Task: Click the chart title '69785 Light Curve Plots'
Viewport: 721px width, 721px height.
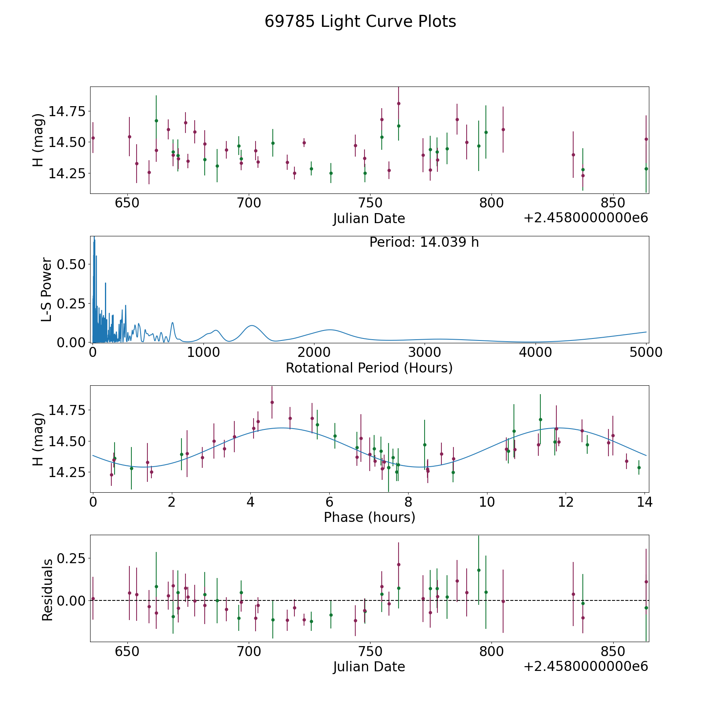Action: tap(360, 22)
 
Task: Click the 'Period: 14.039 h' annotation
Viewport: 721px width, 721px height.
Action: tap(424, 242)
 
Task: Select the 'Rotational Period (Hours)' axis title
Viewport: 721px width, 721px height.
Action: tap(369, 368)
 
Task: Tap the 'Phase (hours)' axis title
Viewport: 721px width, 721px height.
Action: tap(369, 517)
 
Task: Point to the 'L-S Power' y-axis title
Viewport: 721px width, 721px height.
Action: tap(47, 290)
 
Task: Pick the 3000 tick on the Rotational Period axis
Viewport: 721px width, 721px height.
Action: tap(424, 352)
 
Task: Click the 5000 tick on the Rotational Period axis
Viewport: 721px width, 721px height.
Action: tap(645, 352)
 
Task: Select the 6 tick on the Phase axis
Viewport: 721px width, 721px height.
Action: tap(329, 502)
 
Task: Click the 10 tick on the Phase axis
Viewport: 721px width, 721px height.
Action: tap(487, 502)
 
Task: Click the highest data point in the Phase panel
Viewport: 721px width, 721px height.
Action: tap(272, 402)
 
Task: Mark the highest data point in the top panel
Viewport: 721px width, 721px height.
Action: tap(399, 103)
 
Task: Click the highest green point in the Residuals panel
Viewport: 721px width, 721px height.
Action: tap(479, 570)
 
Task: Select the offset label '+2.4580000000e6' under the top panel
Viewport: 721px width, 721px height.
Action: tap(586, 218)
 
